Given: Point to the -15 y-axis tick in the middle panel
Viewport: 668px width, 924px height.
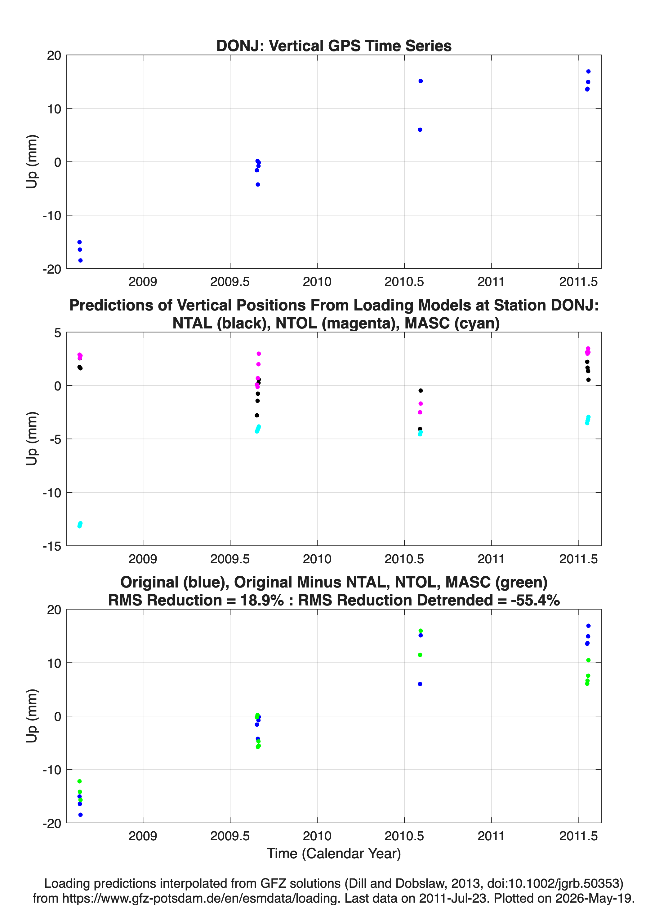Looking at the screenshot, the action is coord(52,546).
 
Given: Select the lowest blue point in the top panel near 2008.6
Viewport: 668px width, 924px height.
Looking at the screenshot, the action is coord(80,260).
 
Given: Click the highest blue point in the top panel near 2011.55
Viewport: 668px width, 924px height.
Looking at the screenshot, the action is coord(588,71).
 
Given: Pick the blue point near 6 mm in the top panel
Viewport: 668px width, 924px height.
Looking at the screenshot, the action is coord(420,130).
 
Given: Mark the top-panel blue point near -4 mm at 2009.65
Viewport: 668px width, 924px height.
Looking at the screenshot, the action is coord(258,185).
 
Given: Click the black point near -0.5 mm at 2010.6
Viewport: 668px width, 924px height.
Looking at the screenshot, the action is coord(421,391).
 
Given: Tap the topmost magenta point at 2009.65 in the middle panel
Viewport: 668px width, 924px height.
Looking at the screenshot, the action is coord(259,354).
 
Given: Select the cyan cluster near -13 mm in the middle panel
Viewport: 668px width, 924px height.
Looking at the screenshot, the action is coord(80,525).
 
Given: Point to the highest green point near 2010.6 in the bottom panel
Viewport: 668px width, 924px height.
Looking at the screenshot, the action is coord(421,631).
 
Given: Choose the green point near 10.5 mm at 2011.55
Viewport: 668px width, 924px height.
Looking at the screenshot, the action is coord(588,660).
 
